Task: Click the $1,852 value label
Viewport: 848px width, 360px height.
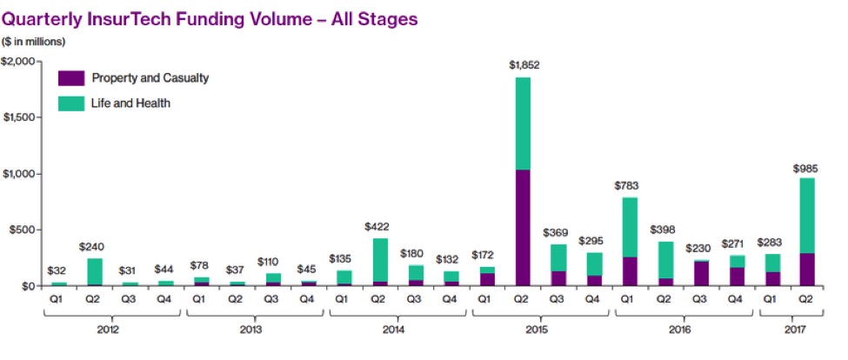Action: [523, 64]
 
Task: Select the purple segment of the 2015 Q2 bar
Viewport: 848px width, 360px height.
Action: [523, 227]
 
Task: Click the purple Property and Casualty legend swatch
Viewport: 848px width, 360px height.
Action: [71, 78]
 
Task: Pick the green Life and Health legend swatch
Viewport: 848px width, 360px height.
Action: [71, 103]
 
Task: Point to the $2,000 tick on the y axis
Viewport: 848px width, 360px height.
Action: [18, 62]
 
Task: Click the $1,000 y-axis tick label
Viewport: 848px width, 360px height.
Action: [18, 174]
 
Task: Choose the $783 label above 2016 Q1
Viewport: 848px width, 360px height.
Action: [630, 185]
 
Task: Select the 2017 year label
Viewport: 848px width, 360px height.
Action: [789, 330]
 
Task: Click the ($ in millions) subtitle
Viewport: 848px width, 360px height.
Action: [34, 41]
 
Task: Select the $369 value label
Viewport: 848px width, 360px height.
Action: [558, 232]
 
